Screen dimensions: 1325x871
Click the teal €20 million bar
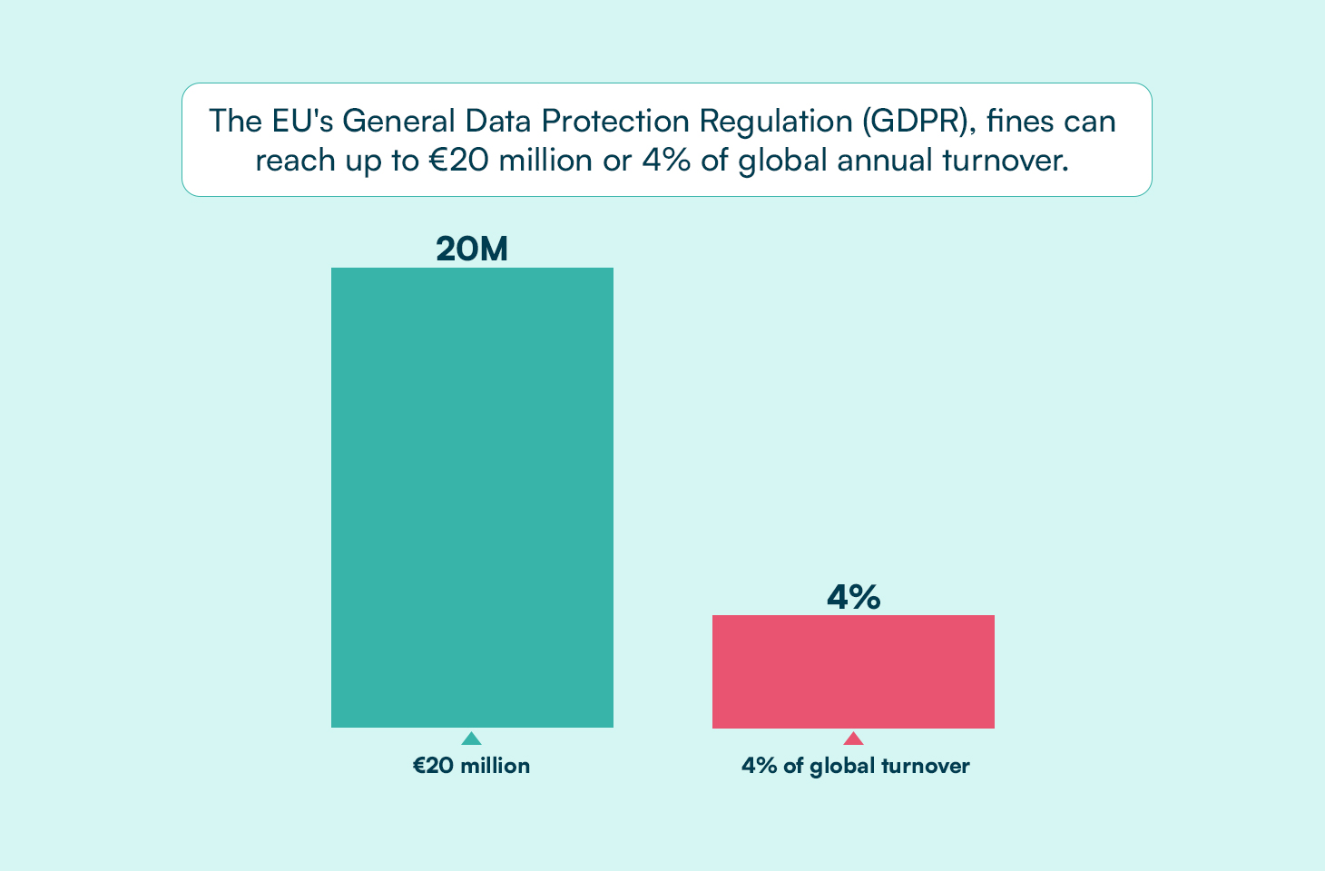click(x=472, y=497)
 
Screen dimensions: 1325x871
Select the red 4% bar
click(x=853, y=671)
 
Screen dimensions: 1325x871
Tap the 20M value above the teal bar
click(x=472, y=249)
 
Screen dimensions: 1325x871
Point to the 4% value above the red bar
click(x=854, y=596)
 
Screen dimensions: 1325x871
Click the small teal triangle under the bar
click(x=471, y=739)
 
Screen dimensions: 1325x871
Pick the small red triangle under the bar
click(x=853, y=739)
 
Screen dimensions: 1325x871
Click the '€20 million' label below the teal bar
click(x=471, y=766)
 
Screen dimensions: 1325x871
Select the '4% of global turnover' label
click(x=855, y=767)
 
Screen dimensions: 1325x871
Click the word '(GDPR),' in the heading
click(x=919, y=122)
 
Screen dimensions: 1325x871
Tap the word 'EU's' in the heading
click(x=302, y=121)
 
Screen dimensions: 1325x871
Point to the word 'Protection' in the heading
click(x=615, y=121)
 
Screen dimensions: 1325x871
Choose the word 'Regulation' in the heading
click(x=775, y=122)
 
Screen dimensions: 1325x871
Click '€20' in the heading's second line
click(x=459, y=161)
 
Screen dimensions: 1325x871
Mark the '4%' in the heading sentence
click(x=667, y=161)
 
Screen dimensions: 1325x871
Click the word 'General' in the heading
click(x=398, y=121)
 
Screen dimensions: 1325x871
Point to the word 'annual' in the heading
click(x=885, y=161)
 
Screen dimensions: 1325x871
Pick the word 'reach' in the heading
click(x=295, y=161)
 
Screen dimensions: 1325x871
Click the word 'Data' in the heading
click(x=498, y=121)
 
